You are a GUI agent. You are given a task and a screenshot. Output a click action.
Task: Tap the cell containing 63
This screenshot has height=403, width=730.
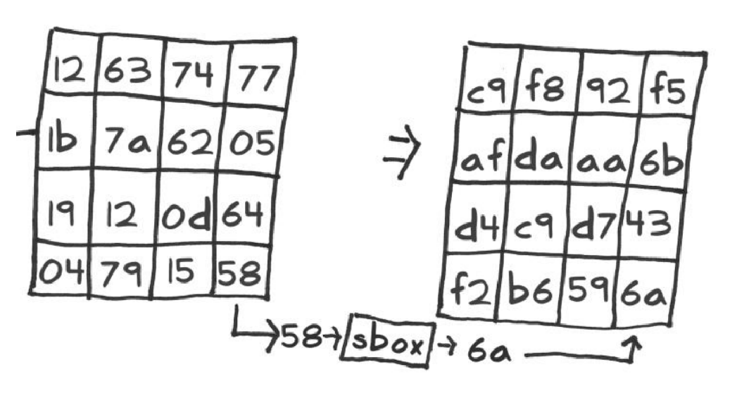[130, 66]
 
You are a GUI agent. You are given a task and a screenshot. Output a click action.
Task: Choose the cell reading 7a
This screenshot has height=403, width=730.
[127, 135]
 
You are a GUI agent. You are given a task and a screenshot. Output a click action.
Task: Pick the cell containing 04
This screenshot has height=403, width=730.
[61, 268]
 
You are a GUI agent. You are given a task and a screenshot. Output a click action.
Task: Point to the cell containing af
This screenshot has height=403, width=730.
[483, 147]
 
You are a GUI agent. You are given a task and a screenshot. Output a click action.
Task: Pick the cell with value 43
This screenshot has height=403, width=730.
[650, 223]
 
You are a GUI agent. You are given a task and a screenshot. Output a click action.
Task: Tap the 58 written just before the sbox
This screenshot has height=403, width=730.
[301, 336]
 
